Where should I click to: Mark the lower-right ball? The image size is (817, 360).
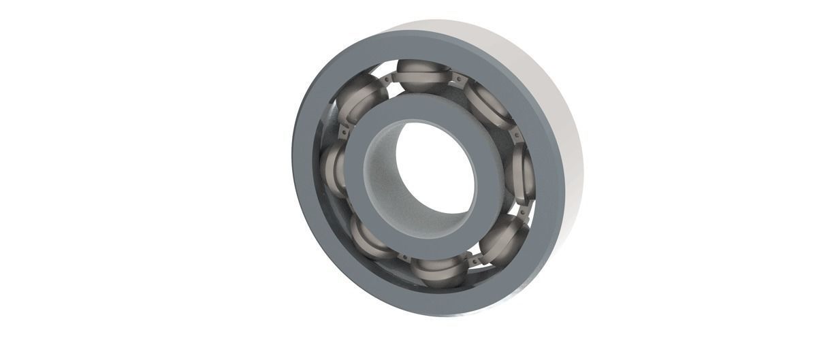504,238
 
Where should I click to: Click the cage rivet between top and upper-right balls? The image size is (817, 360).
458,80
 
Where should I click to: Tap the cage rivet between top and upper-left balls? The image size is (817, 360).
387,80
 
